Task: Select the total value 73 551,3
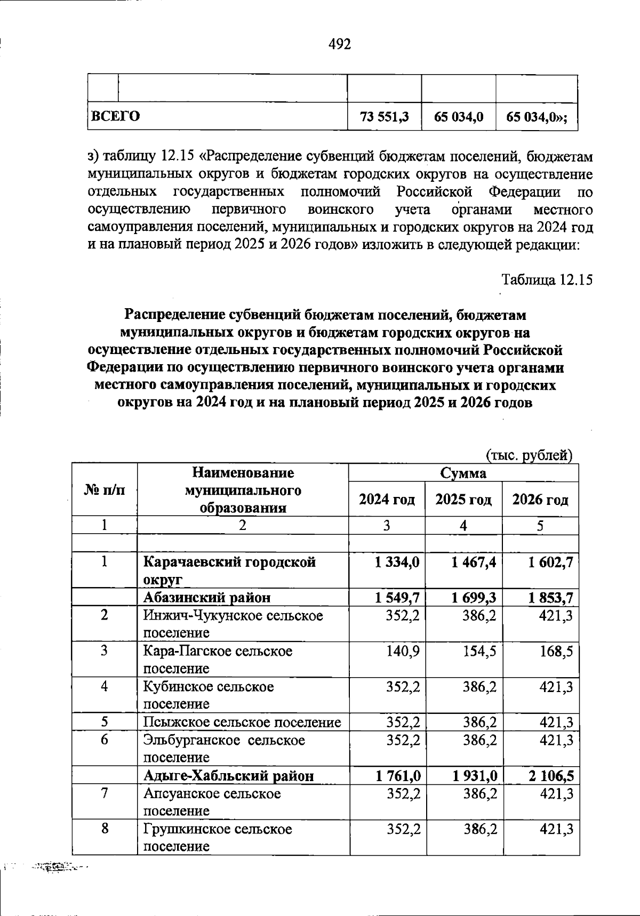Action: point(384,117)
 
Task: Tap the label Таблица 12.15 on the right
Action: point(547,279)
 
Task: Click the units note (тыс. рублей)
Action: point(529,455)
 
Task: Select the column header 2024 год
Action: point(387,500)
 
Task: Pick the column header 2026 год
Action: point(540,500)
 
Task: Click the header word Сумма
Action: point(463,473)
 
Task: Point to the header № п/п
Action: point(105,490)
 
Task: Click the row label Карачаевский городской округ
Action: point(229,570)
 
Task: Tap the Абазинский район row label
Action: point(207,598)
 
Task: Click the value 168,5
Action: point(557,651)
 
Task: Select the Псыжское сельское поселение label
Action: point(242,722)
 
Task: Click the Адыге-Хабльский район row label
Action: point(229,775)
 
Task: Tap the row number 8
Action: point(105,829)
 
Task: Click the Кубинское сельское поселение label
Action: point(209,695)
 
